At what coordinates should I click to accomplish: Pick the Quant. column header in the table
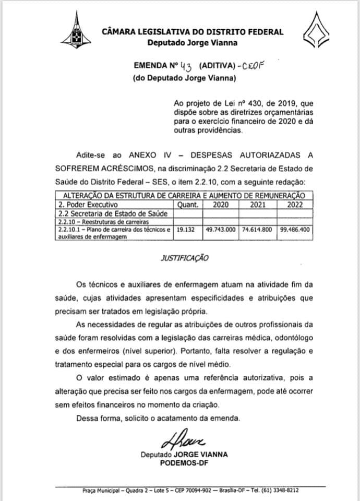(189, 205)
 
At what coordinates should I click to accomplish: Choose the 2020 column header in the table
(221, 205)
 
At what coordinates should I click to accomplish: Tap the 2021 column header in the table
(258, 205)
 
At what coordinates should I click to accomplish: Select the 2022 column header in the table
(295, 205)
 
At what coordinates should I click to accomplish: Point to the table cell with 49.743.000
(222, 229)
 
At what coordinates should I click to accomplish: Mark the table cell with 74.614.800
(258, 229)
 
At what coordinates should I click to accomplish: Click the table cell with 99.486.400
(295, 229)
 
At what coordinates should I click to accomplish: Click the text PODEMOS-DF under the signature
(184, 462)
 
